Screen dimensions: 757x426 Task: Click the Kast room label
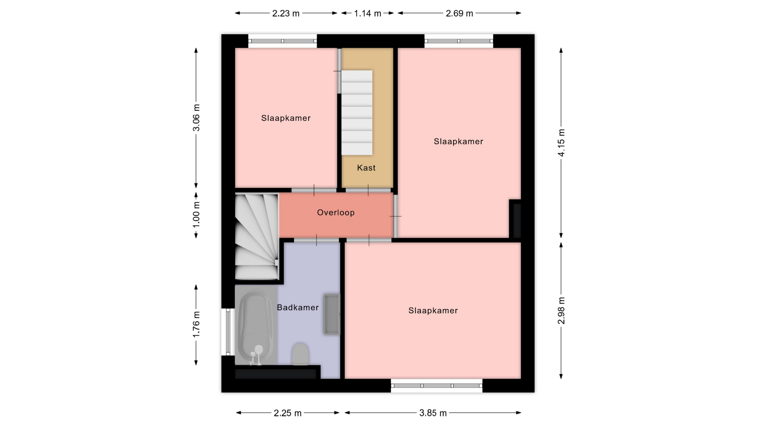click(x=366, y=168)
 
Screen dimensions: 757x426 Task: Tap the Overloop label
click(x=336, y=213)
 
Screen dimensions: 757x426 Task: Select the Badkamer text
click(x=298, y=308)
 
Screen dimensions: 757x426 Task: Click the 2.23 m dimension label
click(x=286, y=13)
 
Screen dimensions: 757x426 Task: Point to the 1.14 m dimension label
click(x=367, y=13)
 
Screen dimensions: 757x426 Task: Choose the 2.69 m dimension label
click(x=459, y=13)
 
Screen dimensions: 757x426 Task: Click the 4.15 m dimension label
click(x=561, y=143)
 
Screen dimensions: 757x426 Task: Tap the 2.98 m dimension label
click(x=561, y=310)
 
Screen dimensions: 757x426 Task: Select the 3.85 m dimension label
click(x=433, y=413)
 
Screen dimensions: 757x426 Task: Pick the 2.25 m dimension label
click(x=288, y=413)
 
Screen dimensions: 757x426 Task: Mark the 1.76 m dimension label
click(x=196, y=325)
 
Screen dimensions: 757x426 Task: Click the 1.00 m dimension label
click(x=196, y=214)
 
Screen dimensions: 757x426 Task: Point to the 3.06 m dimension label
click(x=196, y=118)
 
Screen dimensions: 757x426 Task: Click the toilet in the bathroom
click(x=300, y=354)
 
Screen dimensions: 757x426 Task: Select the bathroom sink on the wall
click(x=332, y=314)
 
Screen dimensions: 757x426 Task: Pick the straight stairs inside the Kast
click(x=357, y=113)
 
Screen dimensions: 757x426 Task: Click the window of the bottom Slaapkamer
click(x=436, y=386)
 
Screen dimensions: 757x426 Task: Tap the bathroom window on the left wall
click(x=228, y=332)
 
